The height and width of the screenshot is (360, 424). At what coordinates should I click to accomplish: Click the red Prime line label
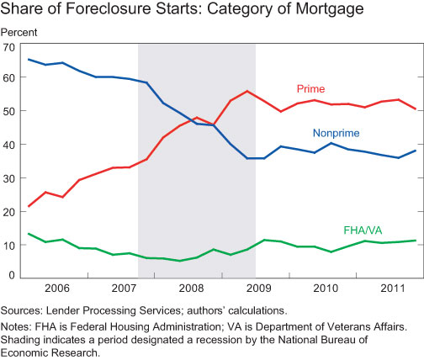click(311, 88)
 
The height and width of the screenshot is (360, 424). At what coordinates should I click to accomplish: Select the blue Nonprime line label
click(337, 134)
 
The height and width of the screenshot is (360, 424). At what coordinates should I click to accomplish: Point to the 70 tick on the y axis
click(10, 46)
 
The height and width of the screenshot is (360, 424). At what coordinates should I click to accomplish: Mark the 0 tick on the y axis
click(13, 275)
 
